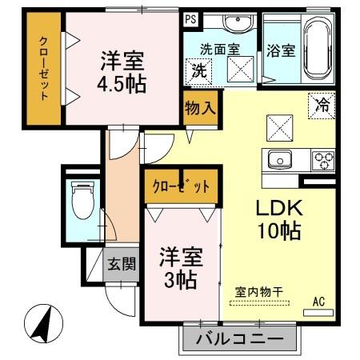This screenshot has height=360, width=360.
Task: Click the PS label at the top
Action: (x=190, y=18)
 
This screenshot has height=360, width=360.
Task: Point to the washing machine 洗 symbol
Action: (x=198, y=71)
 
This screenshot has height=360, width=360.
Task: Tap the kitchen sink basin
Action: (x=281, y=158)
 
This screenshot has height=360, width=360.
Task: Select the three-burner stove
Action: (x=322, y=158)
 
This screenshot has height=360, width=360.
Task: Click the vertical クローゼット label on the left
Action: (x=44, y=70)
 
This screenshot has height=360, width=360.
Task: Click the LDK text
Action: (x=278, y=207)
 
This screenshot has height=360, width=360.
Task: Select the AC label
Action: (x=318, y=302)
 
